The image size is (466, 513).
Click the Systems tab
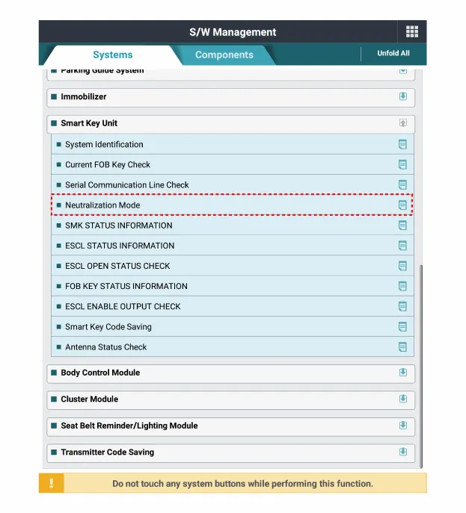coord(112,55)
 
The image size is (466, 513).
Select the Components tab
coord(224,55)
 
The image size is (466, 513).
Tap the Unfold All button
coord(393,54)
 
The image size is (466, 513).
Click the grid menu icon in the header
coord(411,31)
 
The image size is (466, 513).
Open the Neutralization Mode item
coord(102,205)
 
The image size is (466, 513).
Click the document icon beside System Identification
coord(402,144)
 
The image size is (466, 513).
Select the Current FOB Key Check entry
coord(108,165)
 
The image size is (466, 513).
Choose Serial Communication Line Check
coord(126,185)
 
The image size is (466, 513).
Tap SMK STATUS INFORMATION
coord(118,226)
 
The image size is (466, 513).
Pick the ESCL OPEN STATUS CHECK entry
coord(117,266)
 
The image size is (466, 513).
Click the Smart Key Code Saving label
coord(108,327)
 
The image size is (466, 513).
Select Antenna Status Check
coord(105,347)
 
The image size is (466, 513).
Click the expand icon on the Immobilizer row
coord(402,96)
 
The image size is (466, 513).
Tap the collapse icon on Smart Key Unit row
coord(402,123)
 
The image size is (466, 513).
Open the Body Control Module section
coord(100,373)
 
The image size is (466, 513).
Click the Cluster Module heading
coord(89,399)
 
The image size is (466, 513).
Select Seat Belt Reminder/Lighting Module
coord(129,426)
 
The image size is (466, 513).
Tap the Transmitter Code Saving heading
coord(107,453)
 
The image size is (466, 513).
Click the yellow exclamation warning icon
coord(51,483)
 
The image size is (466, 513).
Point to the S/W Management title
coord(233,32)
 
